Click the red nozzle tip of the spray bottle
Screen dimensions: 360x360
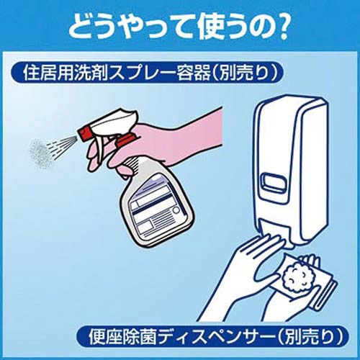tap(83, 132)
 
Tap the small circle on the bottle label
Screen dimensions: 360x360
tap(176, 210)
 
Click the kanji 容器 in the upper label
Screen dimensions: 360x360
tap(195, 73)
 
